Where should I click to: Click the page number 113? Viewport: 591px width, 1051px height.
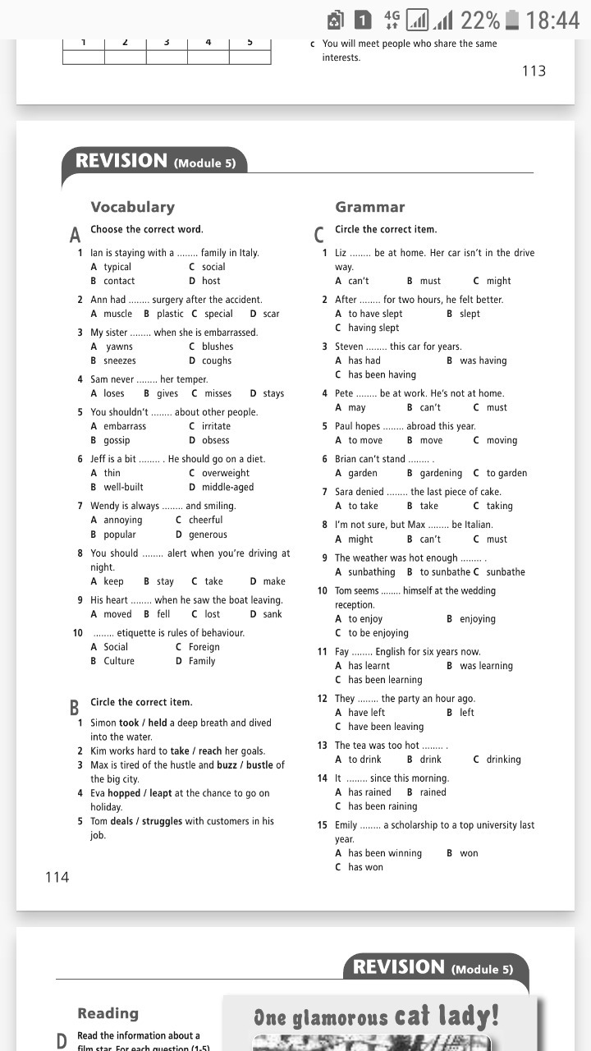tap(534, 71)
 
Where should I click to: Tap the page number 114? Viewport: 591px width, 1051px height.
tap(57, 877)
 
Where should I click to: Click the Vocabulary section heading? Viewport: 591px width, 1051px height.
tap(132, 207)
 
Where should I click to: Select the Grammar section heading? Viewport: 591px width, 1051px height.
tap(369, 207)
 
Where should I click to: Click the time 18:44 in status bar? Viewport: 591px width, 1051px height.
tap(552, 20)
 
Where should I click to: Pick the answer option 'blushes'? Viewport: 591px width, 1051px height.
tap(217, 347)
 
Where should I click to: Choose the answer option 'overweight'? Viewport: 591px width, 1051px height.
tap(225, 473)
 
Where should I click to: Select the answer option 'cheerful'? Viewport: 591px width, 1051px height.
tap(206, 520)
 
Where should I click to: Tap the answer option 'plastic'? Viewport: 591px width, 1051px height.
tap(170, 314)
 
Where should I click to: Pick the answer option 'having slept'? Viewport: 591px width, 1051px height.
tap(373, 328)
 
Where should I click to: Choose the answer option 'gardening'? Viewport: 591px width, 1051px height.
tap(441, 473)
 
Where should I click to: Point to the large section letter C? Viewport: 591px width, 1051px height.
tap(319, 236)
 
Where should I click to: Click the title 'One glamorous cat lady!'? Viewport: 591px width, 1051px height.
tap(376, 1018)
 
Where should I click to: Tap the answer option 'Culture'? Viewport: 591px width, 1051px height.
tap(119, 661)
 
